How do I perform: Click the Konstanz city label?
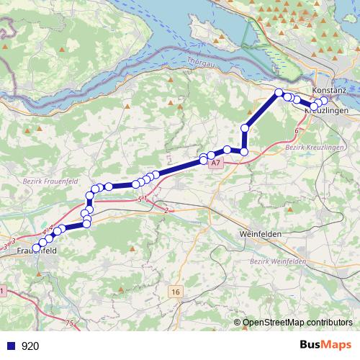330,89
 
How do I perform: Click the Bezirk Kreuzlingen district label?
315,147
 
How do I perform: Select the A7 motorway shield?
217,164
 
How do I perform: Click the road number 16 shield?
176,291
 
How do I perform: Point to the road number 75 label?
69,323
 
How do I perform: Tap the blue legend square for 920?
9,346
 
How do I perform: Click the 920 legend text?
30,346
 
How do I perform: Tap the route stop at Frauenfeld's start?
37,248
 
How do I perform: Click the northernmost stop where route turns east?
279,92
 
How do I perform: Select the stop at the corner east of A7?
244,152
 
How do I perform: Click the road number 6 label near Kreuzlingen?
297,130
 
